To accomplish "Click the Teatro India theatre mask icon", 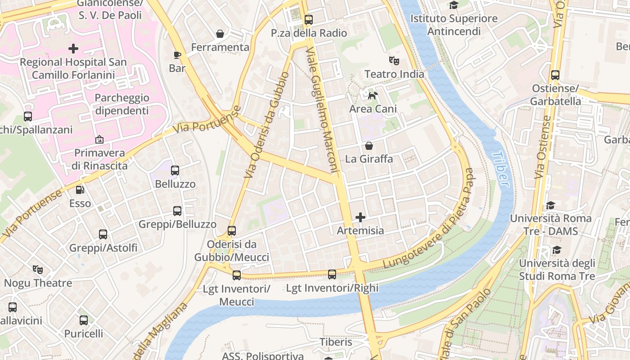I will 394,60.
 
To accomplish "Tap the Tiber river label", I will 501,169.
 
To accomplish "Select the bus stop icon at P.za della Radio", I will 308,20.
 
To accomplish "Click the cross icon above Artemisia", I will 360,217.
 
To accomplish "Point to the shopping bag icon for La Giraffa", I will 369,146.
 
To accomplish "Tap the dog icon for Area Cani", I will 373,95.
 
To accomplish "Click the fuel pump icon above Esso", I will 80,190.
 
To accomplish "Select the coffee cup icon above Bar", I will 177,55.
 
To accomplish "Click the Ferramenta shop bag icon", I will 220,34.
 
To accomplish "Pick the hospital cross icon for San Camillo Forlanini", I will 73,49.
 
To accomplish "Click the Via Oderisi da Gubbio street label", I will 266,125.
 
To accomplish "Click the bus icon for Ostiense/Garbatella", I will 555,75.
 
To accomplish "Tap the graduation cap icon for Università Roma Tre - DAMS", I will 550,206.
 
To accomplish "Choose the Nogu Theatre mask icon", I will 38,270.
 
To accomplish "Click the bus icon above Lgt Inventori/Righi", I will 332,274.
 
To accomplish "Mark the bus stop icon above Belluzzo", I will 175,171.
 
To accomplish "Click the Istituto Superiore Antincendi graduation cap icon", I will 454,5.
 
